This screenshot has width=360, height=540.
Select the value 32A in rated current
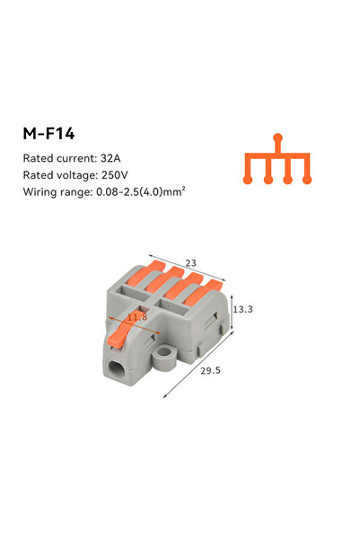[122, 158]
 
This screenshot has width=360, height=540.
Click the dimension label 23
[190, 263]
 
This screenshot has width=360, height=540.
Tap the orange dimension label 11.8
[136, 316]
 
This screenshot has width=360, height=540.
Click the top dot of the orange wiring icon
[277, 137]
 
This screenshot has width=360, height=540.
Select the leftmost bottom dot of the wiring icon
[249, 181]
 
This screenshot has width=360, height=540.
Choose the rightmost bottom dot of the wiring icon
[307, 181]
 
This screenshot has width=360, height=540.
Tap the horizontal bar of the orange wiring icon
[277, 155]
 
